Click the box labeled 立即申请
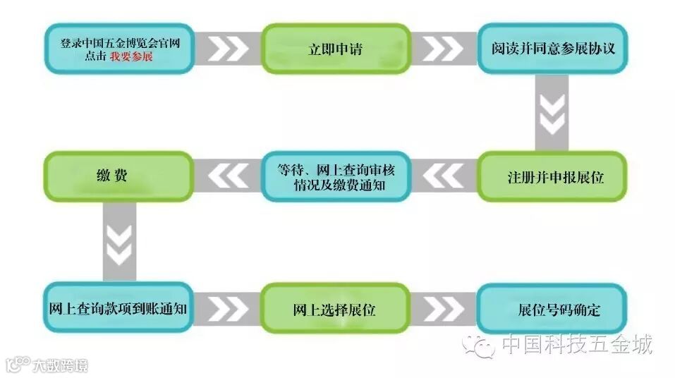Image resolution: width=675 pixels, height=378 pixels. [x=336, y=49]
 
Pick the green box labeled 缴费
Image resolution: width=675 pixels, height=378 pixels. [x=118, y=176]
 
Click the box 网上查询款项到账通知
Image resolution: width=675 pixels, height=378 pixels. [x=118, y=308]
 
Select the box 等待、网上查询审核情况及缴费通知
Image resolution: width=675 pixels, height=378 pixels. [x=336, y=176]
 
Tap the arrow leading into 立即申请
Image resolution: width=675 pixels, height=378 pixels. [x=227, y=49]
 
